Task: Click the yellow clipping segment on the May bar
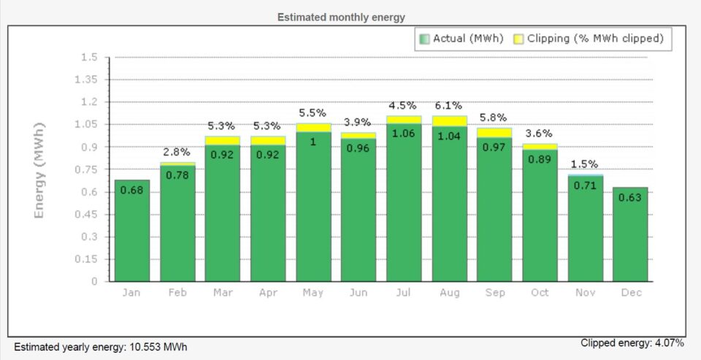313,128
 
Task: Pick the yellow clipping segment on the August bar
450,121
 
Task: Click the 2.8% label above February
177,152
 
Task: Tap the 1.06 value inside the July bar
404,133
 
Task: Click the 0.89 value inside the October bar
540,159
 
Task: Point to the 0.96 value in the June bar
359,148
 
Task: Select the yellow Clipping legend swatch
518,39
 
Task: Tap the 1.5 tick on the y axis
89,57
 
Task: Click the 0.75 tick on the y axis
86,169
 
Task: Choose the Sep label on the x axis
494,293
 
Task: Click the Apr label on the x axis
268,293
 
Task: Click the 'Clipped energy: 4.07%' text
632,342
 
